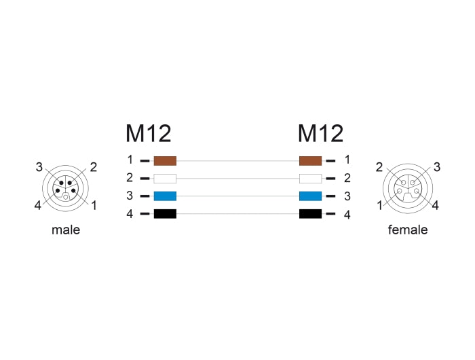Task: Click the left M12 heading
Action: pos(148,134)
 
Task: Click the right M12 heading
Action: pos(320,134)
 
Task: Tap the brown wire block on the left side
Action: pos(165,161)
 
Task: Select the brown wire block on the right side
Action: pos(310,161)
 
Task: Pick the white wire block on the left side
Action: pos(165,179)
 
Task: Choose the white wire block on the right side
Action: pos(310,179)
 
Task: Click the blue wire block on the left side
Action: pos(165,196)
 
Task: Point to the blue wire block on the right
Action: pos(310,196)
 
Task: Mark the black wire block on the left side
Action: pos(165,214)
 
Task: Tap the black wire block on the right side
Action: pos(310,214)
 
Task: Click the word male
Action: pos(66,230)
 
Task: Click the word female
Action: pos(408,230)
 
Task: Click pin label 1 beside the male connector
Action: pos(94,204)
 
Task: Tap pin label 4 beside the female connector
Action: pos(436,204)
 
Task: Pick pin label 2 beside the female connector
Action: pos(380,167)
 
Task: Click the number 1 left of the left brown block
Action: pos(130,160)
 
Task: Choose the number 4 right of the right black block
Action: pos(347,215)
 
